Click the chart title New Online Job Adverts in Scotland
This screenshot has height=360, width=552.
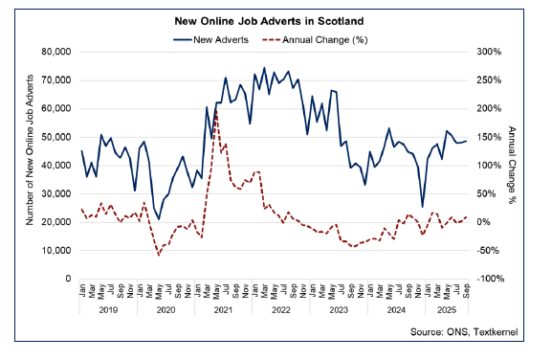click(x=275, y=20)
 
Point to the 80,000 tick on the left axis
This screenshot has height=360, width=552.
click(x=59, y=52)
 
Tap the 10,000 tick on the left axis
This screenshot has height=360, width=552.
click(x=59, y=250)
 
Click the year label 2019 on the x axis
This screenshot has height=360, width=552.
click(x=108, y=312)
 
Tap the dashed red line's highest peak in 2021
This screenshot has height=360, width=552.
click(x=216, y=111)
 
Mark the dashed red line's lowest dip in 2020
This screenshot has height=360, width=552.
click(x=159, y=256)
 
